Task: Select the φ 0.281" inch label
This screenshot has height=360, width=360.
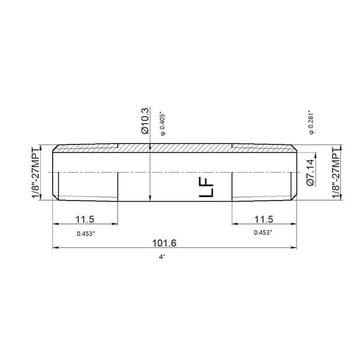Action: (310, 122)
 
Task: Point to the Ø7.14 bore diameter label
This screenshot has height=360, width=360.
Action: (311, 173)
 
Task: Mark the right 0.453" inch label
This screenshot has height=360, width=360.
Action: (263, 232)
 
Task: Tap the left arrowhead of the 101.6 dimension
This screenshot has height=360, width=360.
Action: (56, 247)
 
